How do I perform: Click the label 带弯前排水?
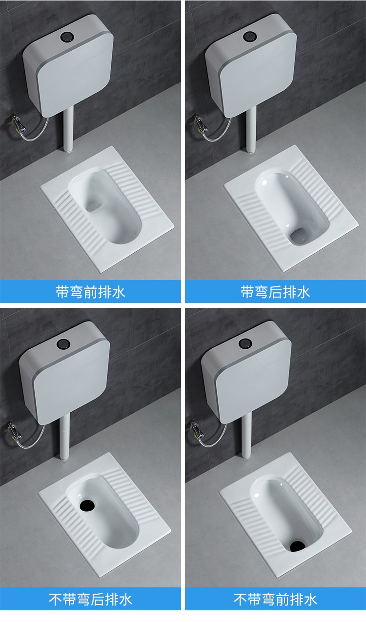coord(90,292)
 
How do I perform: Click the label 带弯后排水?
coord(275,292)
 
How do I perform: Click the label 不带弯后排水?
coord(90,599)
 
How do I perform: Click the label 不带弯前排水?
coord(275,599)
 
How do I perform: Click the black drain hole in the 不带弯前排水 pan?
coord(295,544)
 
